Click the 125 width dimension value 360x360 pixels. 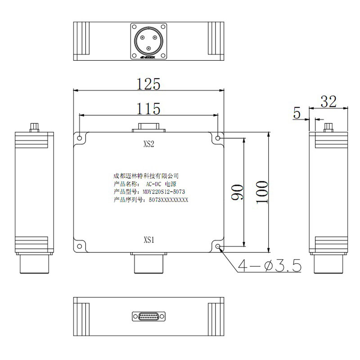(x=149, y=84)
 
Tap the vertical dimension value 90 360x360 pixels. (x=239, y=192)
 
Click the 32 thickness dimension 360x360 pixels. (x=328, y=101)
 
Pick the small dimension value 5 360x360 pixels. (x=297, y=113)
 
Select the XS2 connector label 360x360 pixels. (x=149, y=144)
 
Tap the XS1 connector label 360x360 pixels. (x=149, y=240)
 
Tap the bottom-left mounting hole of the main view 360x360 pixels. (x=79, y=246)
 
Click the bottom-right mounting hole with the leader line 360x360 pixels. (x=218, y=246)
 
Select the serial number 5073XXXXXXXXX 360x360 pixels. (x=169, y=200)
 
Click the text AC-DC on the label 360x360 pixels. (x=153, y=184)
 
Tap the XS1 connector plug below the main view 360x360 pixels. (x=149, y=263)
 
